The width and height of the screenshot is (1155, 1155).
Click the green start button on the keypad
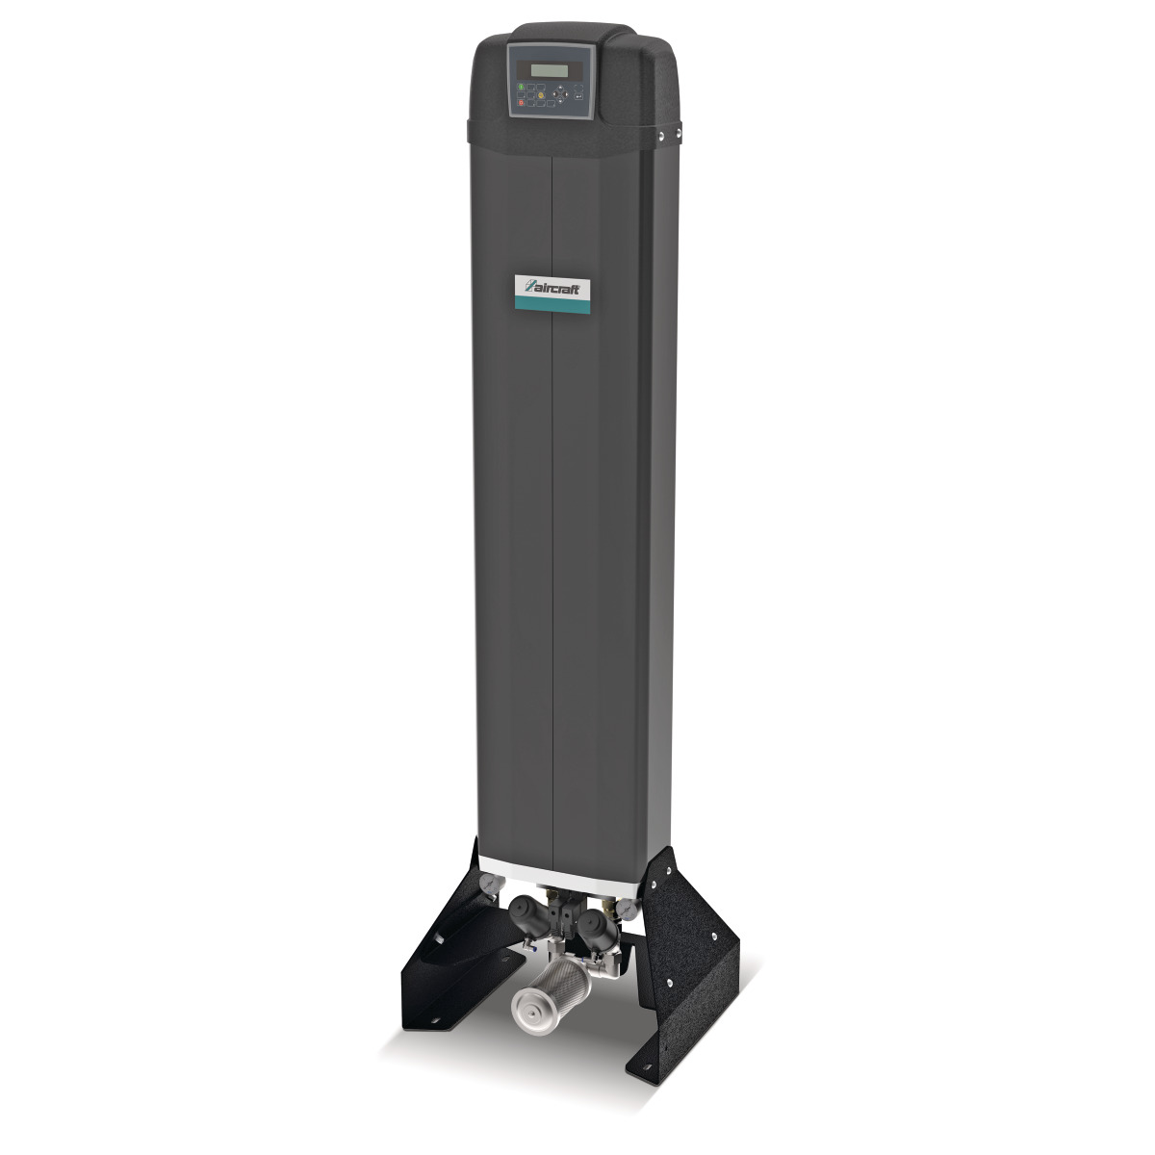click(x=521, y=87)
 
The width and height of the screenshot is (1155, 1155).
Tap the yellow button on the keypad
click(x=541, y=94)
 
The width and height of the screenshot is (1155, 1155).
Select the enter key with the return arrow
click(x=578, y=94)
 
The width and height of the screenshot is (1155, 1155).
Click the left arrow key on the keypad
click(x=552, y=93)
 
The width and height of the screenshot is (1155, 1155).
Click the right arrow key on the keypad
click(x=566, y=93)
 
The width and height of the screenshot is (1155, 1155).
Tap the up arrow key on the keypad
click(x=559, y=89)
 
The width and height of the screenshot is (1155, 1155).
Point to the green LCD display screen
click(x=549, y=69)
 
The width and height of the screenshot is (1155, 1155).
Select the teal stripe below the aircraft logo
click(x=553, y=304)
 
